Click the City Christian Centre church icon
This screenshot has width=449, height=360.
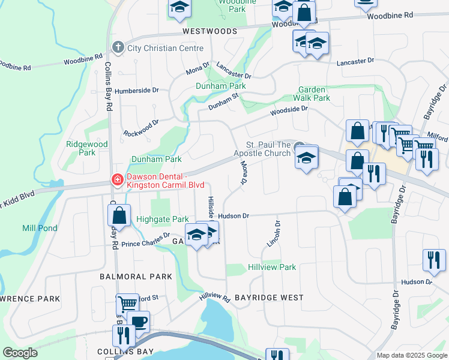click(118, 47)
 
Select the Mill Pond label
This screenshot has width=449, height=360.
click(40, 228)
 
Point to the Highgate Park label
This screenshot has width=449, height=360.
click(163, 220)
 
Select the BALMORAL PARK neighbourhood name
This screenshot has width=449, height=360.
click(136, 277)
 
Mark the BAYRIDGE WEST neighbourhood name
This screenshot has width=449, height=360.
click(268, 298)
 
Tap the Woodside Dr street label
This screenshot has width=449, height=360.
click(288, 110)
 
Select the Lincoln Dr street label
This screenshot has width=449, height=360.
click(273, 233)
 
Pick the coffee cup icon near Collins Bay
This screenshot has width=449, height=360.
click(139, 322)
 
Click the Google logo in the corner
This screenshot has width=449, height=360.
click(20, 353)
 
